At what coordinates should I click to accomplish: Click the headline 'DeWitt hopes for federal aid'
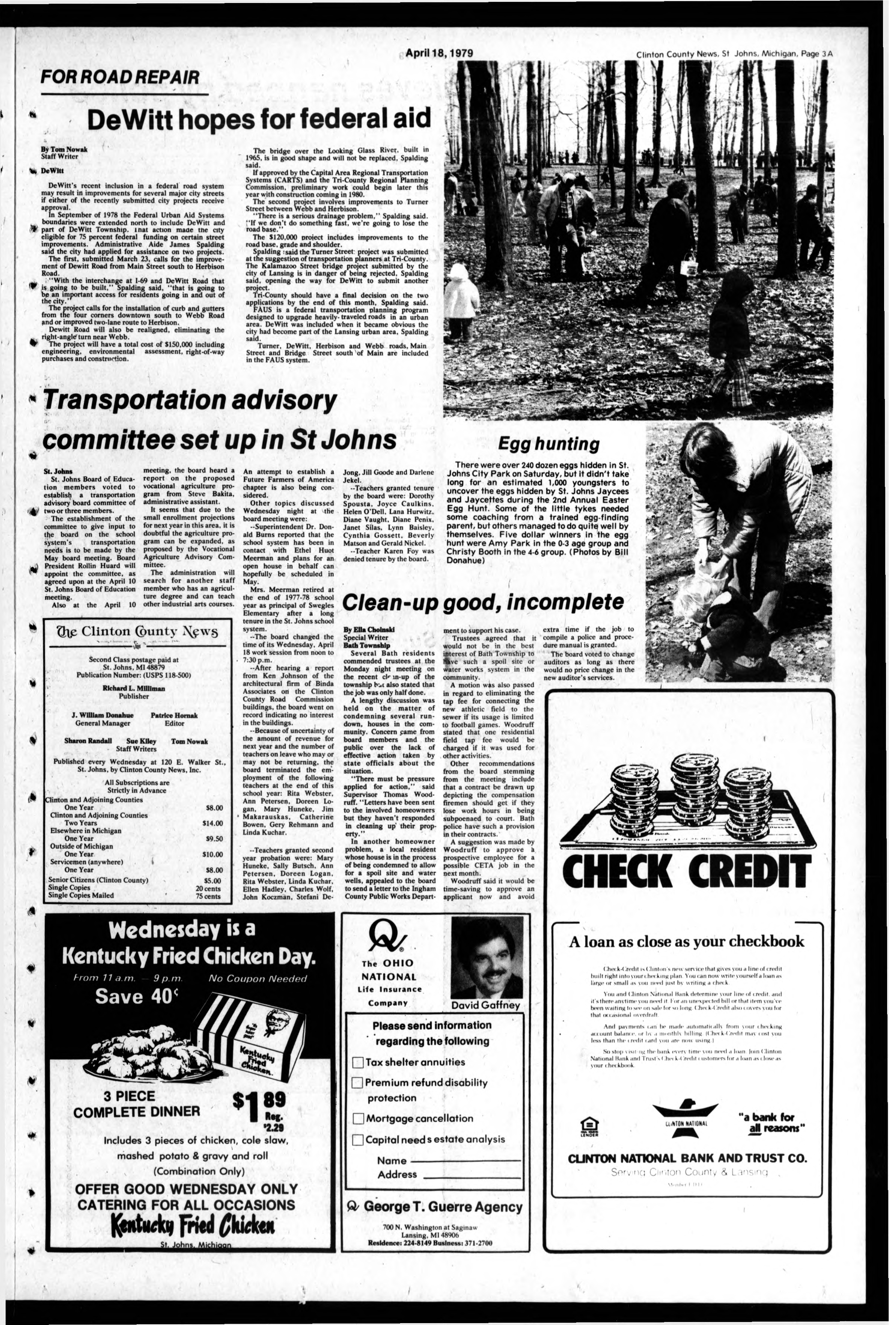(259, 119)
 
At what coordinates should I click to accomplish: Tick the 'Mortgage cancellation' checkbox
(358, 1118)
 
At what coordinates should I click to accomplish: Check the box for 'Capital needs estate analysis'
(358, 1139)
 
